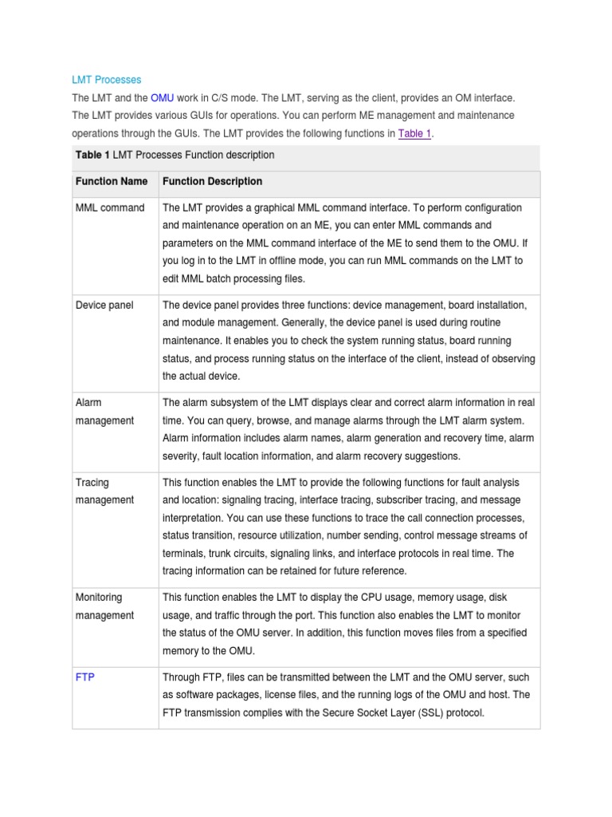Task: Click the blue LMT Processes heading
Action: pos(107,80)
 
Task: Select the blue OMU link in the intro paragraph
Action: pos(162,97)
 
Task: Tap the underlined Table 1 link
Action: pos(414,134)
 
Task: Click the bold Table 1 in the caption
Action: pos(92,155)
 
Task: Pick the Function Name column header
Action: pos(112,182)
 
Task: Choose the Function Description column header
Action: pos(212,182)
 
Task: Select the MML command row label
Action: pos(110,208)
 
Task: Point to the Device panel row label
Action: pos(104,306)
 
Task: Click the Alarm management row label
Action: pos(104,412)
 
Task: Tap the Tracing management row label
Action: pos(104,491)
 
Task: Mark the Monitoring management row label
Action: pos(104,606)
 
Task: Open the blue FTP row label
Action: pos(84,676)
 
